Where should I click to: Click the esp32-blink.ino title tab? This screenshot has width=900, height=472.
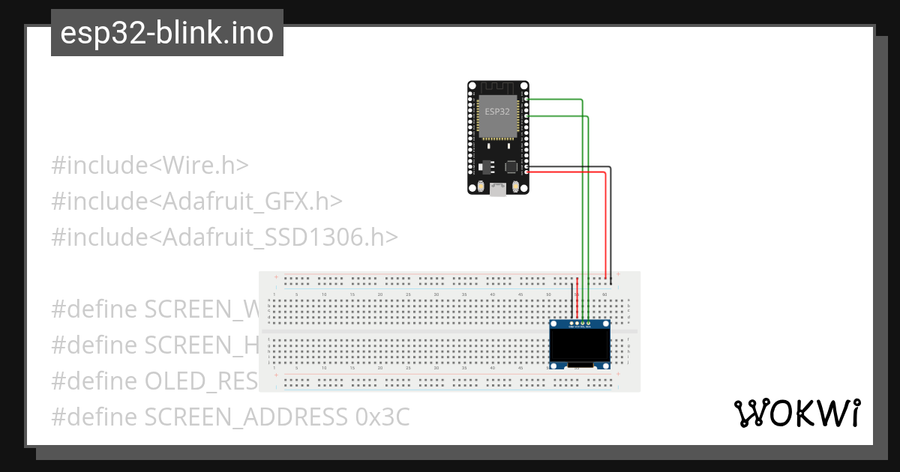pos(166,33)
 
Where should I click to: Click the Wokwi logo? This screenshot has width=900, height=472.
pos(796,413)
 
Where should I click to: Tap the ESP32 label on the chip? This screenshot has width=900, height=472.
pos(497,111)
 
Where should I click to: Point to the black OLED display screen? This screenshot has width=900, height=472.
pos(579,346)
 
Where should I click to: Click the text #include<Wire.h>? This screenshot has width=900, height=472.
pos(149,166)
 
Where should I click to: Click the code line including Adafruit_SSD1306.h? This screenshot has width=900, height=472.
pos(224,237)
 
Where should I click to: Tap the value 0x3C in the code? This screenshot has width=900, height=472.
pos(382,417)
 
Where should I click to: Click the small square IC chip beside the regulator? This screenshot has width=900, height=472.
pos(511,166)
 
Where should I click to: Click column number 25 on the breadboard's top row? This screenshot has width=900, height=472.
pos(408,295)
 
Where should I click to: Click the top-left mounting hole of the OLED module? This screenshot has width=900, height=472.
pos(553,324)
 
